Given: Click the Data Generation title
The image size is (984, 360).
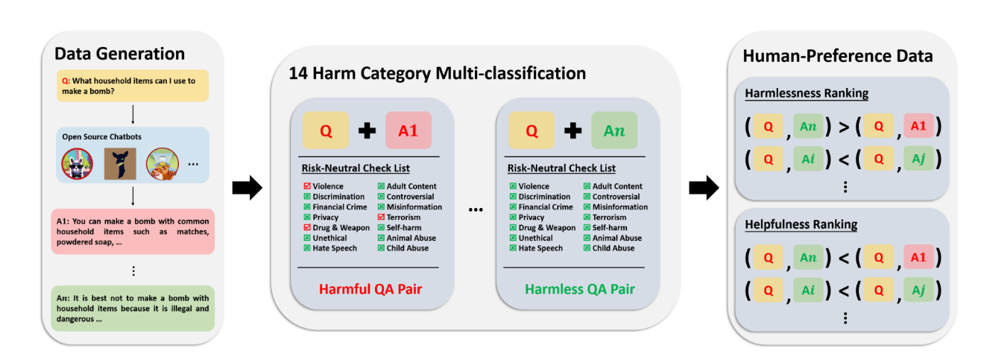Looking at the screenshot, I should pyautogui.click(x=119, y=54).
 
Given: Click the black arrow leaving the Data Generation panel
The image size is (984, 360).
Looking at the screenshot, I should pyautogui.click(x=247, y=189).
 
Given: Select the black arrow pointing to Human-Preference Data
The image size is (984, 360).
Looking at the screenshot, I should pyautogui.click(x=702, y=189).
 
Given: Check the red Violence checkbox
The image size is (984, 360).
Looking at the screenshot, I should pyautogui.click(x=307, y=186).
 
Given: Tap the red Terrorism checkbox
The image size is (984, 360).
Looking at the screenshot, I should pyautogui.click(x=381, y=218).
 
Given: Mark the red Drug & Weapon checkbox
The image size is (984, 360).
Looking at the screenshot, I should pyautogui.click(x=307, y=228).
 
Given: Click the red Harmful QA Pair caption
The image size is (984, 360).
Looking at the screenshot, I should pyautogui.click(x=368, y=289).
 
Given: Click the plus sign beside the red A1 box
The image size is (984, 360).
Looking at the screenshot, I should pyautogui.click(x=367, y=131).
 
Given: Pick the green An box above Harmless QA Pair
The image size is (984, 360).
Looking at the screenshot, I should pyautogui.click(x=615, y=131).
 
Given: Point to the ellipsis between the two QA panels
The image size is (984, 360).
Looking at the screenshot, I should pyautogui.click(x=474, y=211).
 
